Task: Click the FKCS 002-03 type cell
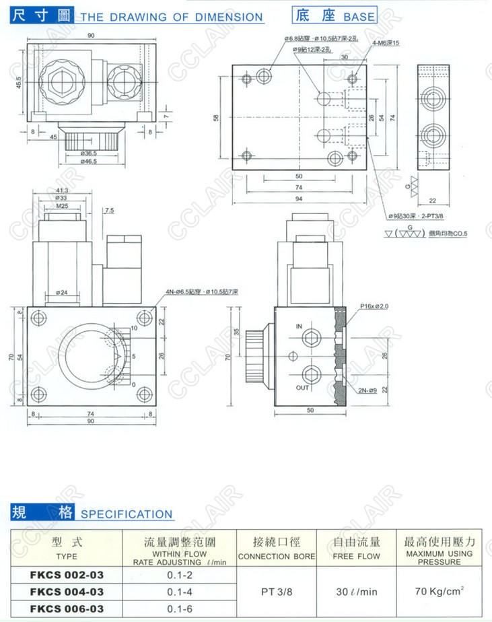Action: point(66,575)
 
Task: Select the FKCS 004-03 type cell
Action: point(66,592)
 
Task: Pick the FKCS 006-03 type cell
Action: point(66,609)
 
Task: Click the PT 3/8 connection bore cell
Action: point(277,592)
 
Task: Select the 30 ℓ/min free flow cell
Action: point(357,592)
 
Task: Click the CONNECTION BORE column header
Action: point(277,556)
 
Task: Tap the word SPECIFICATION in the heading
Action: point(127,514)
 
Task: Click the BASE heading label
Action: point(360,16)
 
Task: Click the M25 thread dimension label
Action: point(63,207)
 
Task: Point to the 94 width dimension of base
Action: point(298,199)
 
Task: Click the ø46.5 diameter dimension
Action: point(90,162)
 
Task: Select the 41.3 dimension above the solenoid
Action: point(63,191)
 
